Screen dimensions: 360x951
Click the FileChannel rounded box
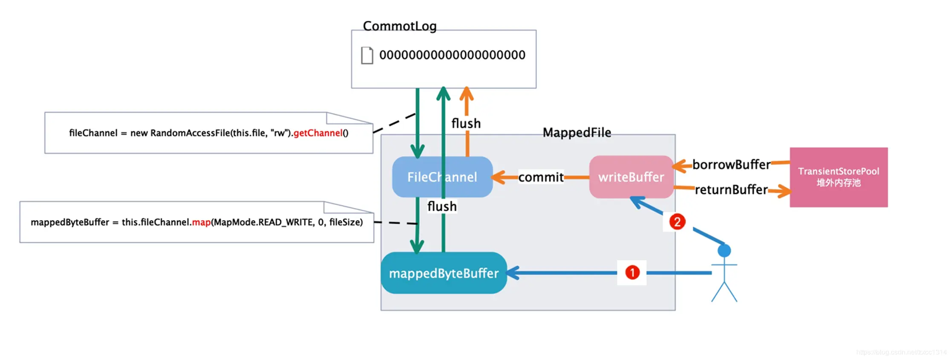(442, 177)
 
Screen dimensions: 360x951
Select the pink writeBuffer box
(631, 177)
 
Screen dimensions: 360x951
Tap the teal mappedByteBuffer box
(444, 273)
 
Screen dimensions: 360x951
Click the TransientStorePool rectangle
(838, 177)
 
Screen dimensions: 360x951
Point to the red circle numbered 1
(632, 273)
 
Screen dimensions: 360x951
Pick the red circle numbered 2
(677, 222)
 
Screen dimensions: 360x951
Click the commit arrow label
(541, 177)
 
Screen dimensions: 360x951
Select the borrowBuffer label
(731, 164)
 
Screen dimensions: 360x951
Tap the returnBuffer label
(731, 189)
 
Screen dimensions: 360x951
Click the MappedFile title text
(577, 133)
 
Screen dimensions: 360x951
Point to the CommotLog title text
(400, 26)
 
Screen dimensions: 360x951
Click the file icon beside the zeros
(367, 55)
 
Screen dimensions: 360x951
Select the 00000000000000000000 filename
(452, 55)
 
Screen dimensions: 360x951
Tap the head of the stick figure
(724, 251)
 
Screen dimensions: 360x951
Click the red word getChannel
(318, 133)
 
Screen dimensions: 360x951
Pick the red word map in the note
(201, 222)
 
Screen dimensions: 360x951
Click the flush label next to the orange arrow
(466, 124)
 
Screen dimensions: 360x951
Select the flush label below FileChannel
(442, 206)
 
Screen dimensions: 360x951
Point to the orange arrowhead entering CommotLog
(467, 93)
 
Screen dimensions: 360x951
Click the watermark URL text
(901, 352)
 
